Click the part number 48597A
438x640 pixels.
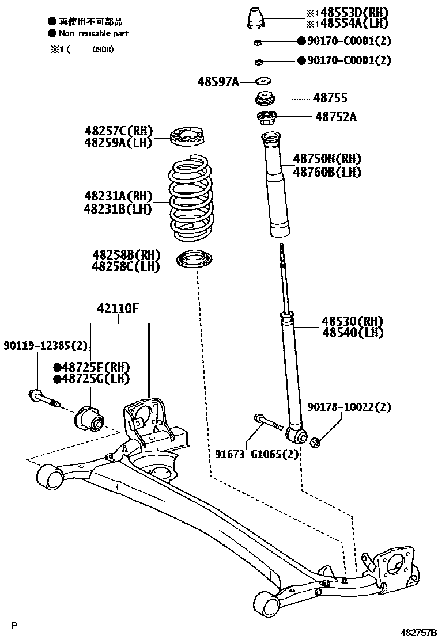click(x=218, y=82)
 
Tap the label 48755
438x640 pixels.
click(x=330, y=98)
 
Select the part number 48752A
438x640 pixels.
click(x=335, y=117)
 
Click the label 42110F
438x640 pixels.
click(x=118, y=308)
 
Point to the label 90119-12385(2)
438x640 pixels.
click(x=46, y=346)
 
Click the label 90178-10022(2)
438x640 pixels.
click(x=349, y=407)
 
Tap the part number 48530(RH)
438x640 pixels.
click(x=353, y=321)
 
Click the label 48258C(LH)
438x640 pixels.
click(x=126, y=266)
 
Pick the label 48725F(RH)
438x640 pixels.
click(x=92, y=367)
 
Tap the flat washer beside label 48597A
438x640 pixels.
click(x=263, y=81)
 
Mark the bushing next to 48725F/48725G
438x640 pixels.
click(x=88, y=417)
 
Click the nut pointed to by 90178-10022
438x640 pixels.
click(x=316, y=442)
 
